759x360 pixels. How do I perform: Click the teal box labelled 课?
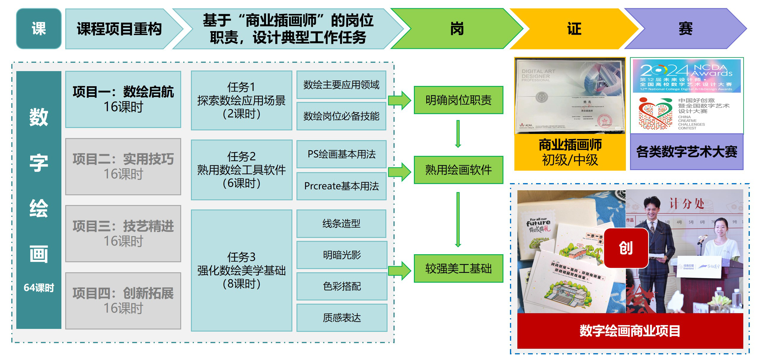click(x=39, y=29)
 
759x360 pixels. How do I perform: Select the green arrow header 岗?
click(x=457, y=29)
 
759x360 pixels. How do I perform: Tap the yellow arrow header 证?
click(x=574, y=29)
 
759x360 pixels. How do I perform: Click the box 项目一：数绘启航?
click(x=123, y=99)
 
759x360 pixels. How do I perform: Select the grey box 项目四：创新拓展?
click(x=123, y=301)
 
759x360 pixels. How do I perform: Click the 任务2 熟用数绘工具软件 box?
click(x=241, y=170)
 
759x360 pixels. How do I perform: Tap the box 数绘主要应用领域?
click(x=341, y=85)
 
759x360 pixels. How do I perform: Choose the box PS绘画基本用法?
click(x=342, y=154)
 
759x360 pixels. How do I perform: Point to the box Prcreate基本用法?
click(x=342, y=186)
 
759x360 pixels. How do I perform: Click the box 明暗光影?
click(x=342, y=255)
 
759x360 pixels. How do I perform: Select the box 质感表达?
click(x=342, y=318)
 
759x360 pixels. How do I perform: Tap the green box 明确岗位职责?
click(x=458, y=100)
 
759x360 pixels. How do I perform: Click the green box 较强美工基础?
click(x=458, y=268)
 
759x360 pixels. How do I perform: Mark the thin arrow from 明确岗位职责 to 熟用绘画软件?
click(x=458, y=134)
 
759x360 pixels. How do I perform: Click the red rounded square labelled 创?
click(x=626, y=248)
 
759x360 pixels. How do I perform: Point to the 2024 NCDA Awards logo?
click(x=686, y=76)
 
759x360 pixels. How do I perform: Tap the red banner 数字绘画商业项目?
click(x=630, y=331)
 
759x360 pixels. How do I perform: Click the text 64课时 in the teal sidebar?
click(x=39, y=287)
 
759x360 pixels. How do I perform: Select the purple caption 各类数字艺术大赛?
click(x=687, y=152)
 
